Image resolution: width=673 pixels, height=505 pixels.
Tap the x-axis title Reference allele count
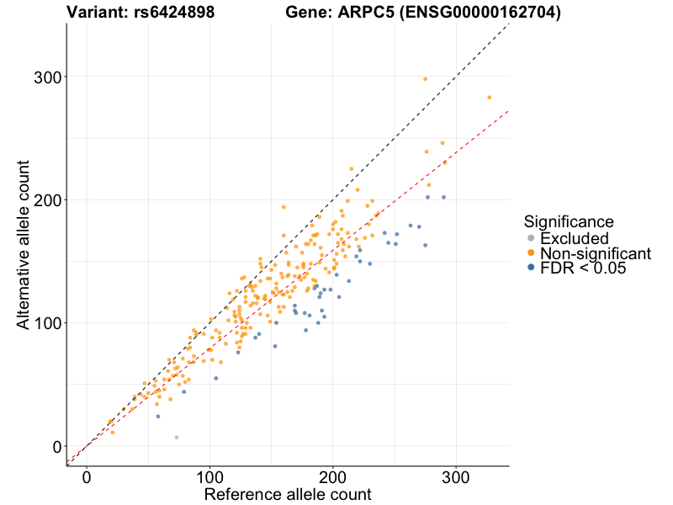point(288,494)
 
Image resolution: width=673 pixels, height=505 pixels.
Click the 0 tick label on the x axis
point(87,476)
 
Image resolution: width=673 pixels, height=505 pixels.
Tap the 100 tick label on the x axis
point(209,476)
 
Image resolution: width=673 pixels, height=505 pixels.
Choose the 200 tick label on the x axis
point(333,476)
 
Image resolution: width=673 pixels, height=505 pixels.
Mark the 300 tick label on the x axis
point(456,476)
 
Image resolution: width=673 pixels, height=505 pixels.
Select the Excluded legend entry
point(574,239)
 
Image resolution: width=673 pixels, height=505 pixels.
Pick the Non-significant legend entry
point(595,253)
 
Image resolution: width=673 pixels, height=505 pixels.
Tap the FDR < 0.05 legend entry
point(584,268)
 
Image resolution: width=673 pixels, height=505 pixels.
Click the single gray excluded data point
point(177,438)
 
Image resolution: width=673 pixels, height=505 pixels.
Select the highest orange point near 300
point(426,79)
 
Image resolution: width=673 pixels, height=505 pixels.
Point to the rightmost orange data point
point(489,98)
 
